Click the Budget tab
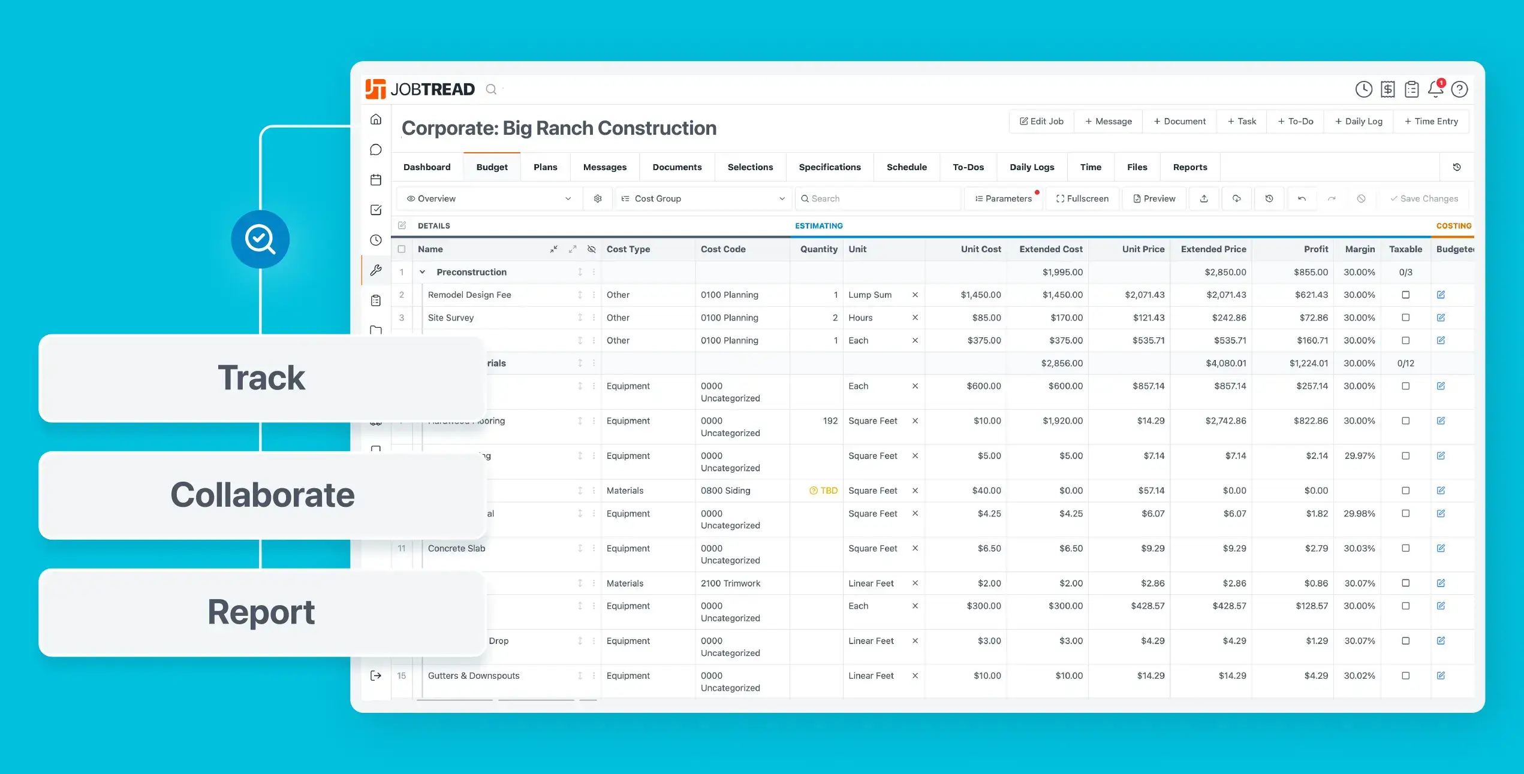(x=492, y=167)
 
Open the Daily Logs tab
(x=1031, y=167)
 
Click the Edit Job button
(x=1041, y=121)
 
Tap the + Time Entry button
(x=1431, y=121)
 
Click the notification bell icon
(x=1435, y=89)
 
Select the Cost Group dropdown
(x=703, y=198)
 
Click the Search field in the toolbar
(x=878, y=198)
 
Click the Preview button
(x=1154, y=198)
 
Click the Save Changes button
(x=1424, y=198)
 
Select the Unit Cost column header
(x=980, y=249)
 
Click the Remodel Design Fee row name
(x=469, y=295)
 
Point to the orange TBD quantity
(x=824, y=491)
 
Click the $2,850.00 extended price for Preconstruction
(x=1225, y=272)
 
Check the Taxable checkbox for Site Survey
(x=1405, y=318)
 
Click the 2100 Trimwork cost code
(x=730, y=583)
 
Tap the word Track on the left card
(x=261, y=378)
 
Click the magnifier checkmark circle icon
(x=260, y=239)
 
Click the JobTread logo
(x=420, y=89)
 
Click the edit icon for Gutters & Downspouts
(x=1441, y=676)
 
